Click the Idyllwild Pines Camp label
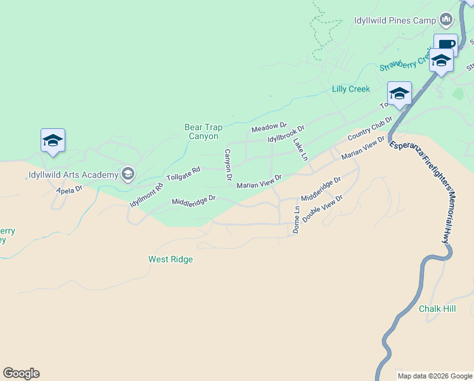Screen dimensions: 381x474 [x=395, y=20]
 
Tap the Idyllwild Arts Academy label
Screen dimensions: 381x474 [x=74, y=175]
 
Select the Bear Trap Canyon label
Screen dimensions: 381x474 [x=202, y=131]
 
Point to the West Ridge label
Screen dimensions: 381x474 [x=170, y=259]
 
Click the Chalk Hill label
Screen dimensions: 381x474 [x=437, y=309]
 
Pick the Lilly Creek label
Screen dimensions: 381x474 [x=350, y=89]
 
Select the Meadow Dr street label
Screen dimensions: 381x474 [x=269, y=128]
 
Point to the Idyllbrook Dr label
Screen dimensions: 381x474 [x=286, y=134]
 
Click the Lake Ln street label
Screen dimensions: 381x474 [x=300, y=150]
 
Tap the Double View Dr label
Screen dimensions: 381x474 [x=322, y=208]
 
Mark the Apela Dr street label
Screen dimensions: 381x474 [x=69, y=189]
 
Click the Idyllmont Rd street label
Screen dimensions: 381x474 [x=146, y=195]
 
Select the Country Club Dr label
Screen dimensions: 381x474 [x=370, y=129]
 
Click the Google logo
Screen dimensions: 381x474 [x=21, y=373]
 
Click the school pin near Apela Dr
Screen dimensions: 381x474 [x=53, y=140]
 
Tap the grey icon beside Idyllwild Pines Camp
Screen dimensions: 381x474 [x=446, y=20]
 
